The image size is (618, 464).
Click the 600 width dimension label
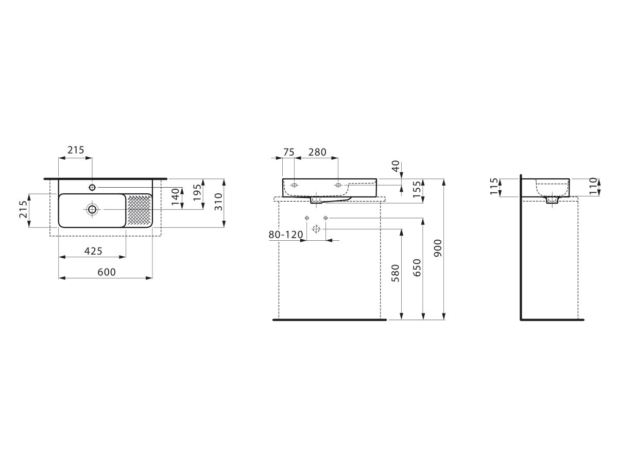tap(107, 272)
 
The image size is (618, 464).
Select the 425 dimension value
tap(93, 251)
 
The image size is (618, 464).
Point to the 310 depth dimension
tap(219, 202)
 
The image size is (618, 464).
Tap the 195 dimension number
tap(197, 192)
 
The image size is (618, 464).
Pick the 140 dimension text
tap(175, 196)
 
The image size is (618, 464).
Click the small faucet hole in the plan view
tap(92, 187)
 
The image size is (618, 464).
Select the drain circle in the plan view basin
tap(92, 209)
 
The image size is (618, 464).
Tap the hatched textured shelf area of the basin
tap(139, 210)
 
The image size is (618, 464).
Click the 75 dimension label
tap(288, 152)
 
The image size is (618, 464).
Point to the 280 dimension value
tap(317, 152)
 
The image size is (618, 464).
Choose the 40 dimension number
tap(396, 166)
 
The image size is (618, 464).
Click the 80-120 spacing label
tap(285, 235)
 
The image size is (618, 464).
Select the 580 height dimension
tap(396, 273)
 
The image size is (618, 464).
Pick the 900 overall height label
tap(438, 248)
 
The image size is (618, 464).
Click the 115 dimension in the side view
tap(494, 186)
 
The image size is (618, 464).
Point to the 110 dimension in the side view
tap(593, 186)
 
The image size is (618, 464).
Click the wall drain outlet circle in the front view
tap(316, 229)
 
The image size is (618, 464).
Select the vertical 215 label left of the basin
tap(23, 209)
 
